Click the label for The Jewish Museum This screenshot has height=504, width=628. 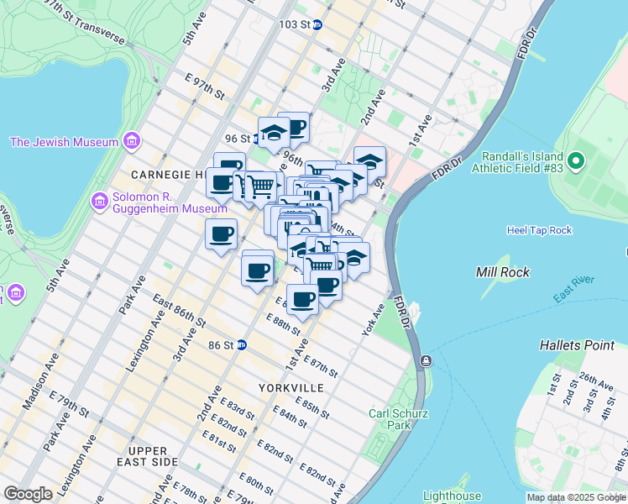point(64,142)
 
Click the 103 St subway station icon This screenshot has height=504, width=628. point(317,24)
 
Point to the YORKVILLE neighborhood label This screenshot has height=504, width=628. point(290,388)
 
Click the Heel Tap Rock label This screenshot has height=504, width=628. point(539,230)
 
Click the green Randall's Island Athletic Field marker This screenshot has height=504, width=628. point(575,160)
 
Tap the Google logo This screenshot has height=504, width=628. point(28,494)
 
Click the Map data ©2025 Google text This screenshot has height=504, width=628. point(576,497)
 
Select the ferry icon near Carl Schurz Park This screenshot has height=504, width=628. point(426,360)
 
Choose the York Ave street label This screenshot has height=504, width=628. point(374,320)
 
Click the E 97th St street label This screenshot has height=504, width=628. point(206,86)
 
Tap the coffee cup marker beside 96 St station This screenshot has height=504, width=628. point(293,129)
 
